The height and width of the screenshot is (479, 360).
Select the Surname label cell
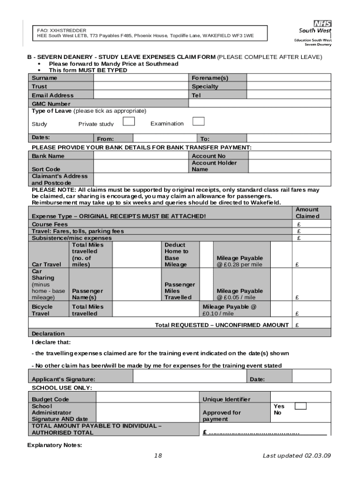(44, 78)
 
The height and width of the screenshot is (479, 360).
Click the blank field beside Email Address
(141, 95)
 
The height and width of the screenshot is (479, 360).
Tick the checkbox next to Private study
(129, 122)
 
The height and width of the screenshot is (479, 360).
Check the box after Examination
(199, 122)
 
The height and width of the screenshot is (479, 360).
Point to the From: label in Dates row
(105, 139)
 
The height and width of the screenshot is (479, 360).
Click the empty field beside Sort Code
(141, 166)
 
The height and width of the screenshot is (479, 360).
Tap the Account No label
(209, 156)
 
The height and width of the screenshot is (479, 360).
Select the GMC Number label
(51, 104)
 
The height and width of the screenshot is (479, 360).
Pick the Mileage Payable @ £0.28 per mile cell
(240, 261)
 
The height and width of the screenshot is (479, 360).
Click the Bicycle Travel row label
(42, 310)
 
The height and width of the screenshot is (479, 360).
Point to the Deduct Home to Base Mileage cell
(176, 254)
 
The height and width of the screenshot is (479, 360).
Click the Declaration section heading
(48, 334)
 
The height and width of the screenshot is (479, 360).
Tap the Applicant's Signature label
(63, 379)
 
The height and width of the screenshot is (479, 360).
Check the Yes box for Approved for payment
(301, 406)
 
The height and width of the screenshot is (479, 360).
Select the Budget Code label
(50, 399)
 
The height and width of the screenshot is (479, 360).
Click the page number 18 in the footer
(158, 456)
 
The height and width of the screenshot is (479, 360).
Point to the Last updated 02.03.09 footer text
(296, 456)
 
